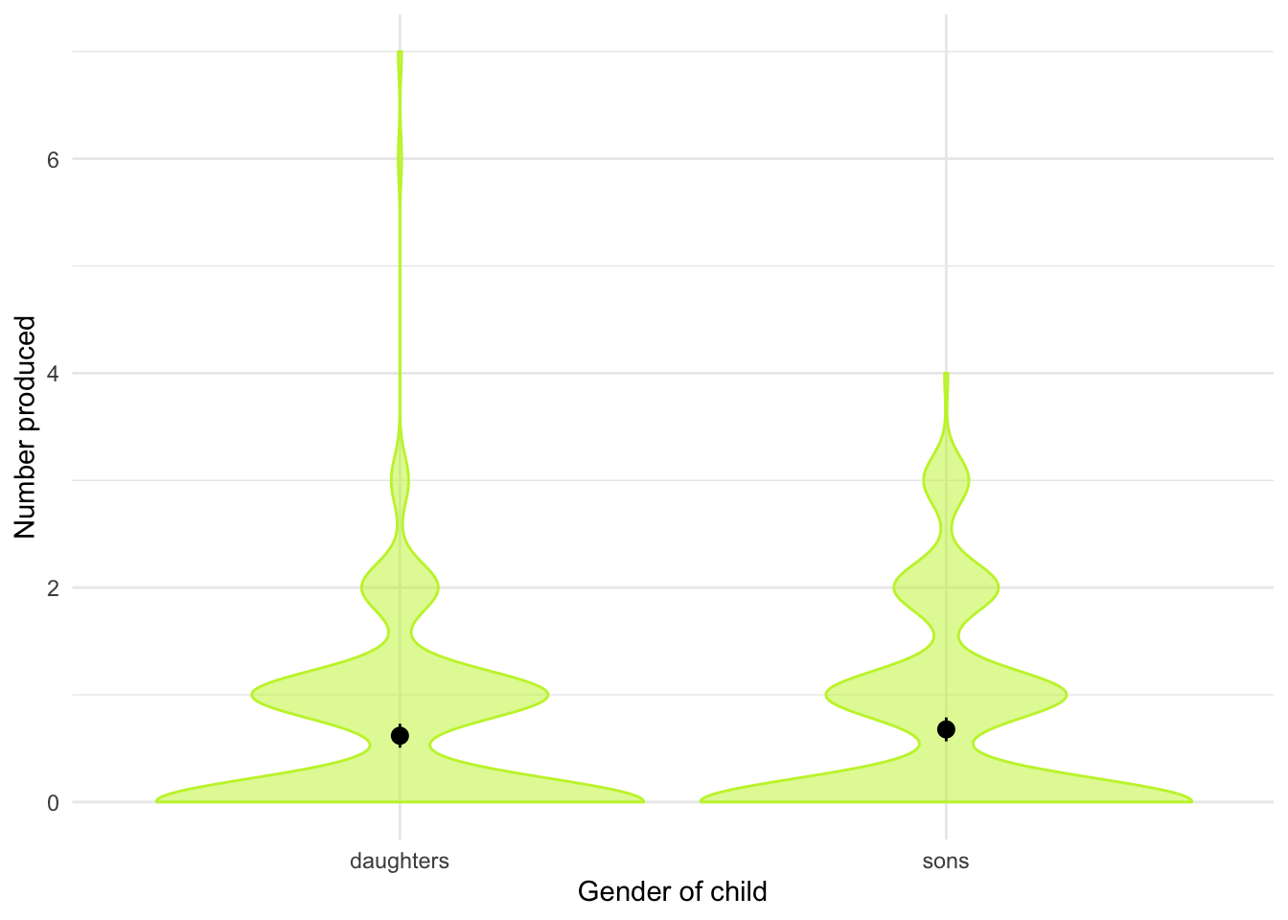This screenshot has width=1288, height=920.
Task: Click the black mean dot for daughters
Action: [x=400, y=736]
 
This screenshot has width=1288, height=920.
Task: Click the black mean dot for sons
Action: [x=946, y=730]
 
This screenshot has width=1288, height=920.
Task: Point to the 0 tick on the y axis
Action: [x=54, y=802]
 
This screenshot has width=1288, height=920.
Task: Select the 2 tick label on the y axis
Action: [x=54, y=587]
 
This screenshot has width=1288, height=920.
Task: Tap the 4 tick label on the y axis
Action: [x=54, y=373]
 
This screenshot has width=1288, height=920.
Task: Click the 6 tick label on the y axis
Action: [x=54, y=159]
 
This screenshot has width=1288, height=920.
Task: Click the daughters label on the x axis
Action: [x=400, y=861]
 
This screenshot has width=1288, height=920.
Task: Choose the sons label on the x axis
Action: [x=946, y=861]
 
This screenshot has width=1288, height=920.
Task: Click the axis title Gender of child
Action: [x=672, y=892]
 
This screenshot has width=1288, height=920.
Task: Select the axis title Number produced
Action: [x=26, y=426]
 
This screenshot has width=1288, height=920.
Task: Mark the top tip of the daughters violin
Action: [x=400, y=52]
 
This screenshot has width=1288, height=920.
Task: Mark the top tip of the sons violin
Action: [x=946, y=374]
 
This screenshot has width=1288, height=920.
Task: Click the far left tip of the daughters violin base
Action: [x=157, y=800]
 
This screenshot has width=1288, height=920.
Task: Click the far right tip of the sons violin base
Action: [x=1191, y=800]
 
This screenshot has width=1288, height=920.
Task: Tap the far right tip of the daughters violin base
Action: [x=643, y=800]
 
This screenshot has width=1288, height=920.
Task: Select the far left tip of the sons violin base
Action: [x=701, y=800]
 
